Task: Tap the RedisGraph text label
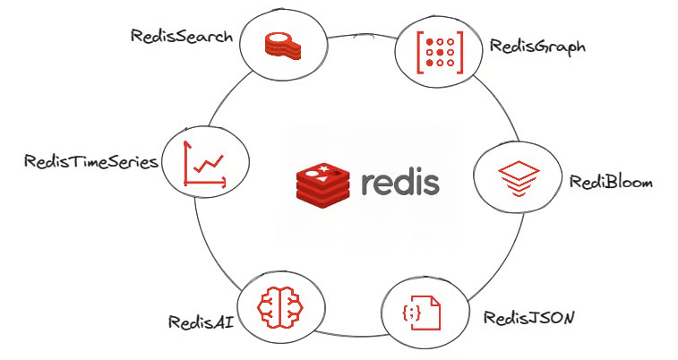(x=537, y=46)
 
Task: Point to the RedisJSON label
(x=528, y=317)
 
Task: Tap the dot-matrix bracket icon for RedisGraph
(x=440, y=51)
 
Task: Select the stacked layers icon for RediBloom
(x=516, y=180)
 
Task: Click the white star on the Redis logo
(x=325, y=167)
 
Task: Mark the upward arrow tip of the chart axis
(x=185, y=144)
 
